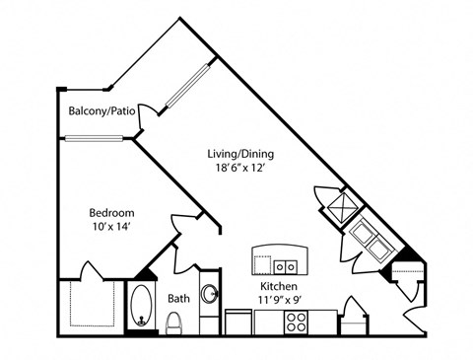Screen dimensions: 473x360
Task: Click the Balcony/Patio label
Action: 101,111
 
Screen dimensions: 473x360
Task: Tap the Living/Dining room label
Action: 240,154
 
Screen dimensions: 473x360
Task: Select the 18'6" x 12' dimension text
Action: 240,168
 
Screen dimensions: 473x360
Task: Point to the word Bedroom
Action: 111,213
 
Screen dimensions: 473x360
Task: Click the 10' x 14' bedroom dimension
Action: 112,227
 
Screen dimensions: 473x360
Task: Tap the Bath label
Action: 178,299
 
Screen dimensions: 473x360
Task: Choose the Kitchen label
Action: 279,286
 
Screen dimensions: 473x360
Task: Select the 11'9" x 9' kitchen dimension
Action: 279,300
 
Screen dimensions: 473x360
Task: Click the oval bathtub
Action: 142,306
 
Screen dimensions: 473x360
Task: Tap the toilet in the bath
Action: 174,323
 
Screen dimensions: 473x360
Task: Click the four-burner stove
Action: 297,323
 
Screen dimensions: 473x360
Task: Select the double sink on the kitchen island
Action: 286,267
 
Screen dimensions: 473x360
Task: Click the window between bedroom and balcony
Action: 94,138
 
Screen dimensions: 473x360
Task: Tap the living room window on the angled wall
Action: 187,86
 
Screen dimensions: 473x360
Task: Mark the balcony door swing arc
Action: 147,115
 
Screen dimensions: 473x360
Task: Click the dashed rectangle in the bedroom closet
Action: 93,304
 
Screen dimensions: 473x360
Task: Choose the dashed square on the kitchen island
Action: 262,265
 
